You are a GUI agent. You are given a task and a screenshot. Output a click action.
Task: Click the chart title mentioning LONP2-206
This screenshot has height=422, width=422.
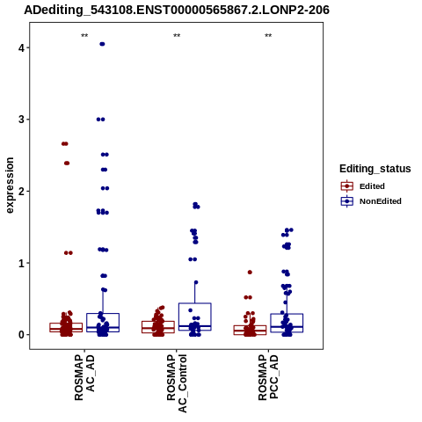177,10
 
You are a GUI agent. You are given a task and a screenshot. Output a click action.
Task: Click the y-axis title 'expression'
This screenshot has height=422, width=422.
10,186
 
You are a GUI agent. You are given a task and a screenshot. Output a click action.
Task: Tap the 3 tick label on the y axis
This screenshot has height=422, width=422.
21,120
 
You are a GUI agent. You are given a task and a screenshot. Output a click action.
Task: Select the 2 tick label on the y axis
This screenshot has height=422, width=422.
21,192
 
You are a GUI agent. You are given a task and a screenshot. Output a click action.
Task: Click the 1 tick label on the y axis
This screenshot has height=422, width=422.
21,263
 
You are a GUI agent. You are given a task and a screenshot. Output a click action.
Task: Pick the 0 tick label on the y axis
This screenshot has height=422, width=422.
21,335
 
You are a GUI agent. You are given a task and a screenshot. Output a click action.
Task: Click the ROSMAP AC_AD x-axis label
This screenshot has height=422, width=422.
84,377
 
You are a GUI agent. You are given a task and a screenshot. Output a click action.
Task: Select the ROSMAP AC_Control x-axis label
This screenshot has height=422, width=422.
177,383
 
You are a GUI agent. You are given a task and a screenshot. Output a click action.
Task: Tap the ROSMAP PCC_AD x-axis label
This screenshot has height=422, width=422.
268,377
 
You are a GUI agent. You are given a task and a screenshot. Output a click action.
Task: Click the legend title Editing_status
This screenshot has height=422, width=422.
375,169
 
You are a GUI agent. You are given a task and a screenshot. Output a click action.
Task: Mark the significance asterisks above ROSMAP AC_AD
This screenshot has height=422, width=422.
84,36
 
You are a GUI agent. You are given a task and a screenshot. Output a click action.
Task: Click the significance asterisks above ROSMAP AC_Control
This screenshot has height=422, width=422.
177,36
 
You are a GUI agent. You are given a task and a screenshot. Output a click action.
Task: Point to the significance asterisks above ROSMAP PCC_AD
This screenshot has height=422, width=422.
268,36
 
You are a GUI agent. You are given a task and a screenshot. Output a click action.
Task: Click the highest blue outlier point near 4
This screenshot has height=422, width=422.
102,44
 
